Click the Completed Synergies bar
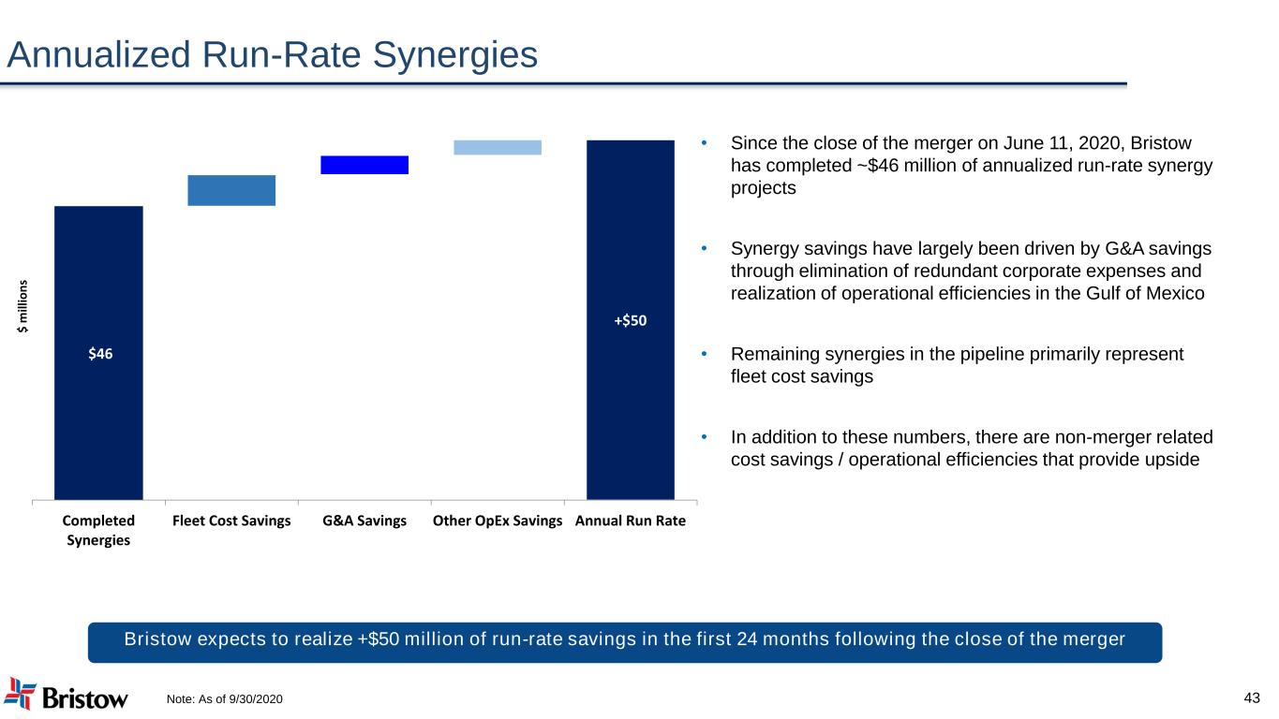(98, 353)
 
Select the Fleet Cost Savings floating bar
(231, 190)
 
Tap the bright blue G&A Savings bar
(364, 165)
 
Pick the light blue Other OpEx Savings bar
(498, 147)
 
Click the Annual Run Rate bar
(631, 320)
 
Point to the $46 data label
(100, 354)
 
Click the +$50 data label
(631, 321)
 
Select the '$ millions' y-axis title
(22, 306)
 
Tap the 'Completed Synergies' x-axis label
(98, 530)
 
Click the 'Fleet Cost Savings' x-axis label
(231, 521)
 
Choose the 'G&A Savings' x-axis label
(364, 521)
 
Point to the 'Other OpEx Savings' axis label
(498, 521)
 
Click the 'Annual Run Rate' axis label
(631, 521)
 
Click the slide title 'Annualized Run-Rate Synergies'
(272, 55)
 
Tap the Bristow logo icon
(20, 694)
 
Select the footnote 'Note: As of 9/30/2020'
(224, 699)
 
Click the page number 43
(1252, 697)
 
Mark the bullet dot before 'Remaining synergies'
(704, 355)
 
